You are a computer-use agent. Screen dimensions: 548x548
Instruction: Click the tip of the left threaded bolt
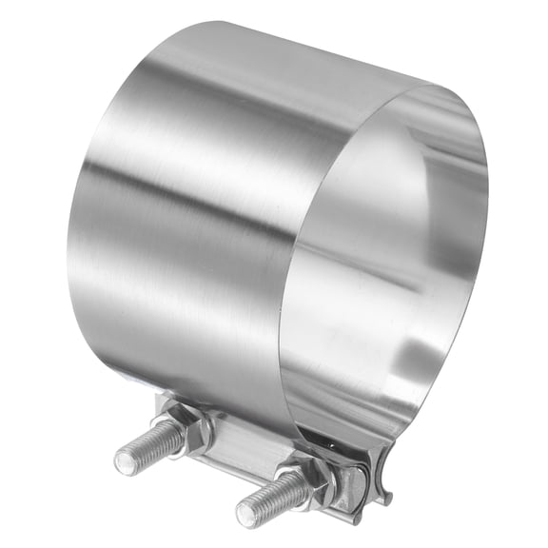(x=127, y=463)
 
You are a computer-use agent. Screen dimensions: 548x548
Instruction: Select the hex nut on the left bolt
(x=195, y=433)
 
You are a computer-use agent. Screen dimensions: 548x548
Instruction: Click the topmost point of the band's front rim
(x=433, y=85)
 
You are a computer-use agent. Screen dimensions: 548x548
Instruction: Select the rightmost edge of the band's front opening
(x=487, y=219)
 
